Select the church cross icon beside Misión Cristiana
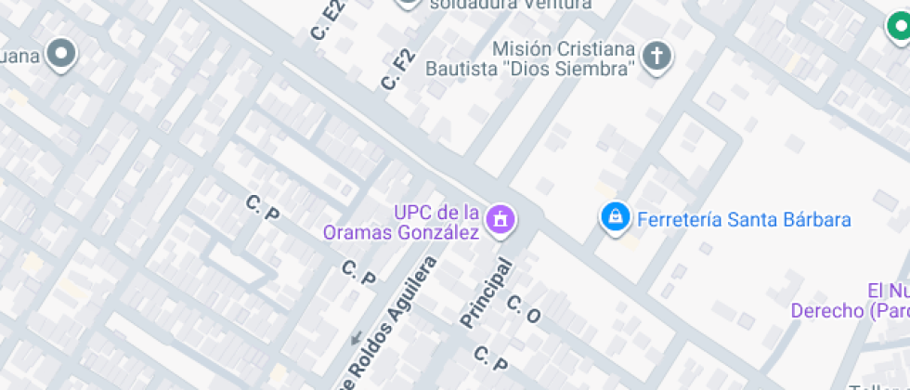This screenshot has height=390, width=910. (657, 57)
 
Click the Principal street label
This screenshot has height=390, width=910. (487, 292)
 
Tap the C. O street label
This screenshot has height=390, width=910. (524, 310)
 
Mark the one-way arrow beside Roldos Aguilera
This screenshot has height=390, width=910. (356, 336)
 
